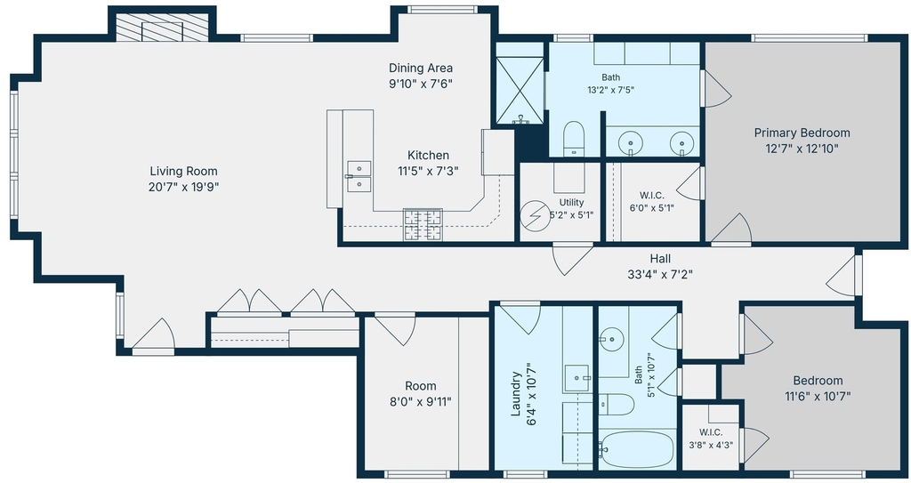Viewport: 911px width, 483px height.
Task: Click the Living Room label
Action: (x=183, y=171)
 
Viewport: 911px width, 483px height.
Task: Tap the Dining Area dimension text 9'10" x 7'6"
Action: (x=421, y=83)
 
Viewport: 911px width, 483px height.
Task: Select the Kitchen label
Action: (x=428, y=155)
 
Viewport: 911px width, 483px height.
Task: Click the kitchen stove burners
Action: (x=423, y=224)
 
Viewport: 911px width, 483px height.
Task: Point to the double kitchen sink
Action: (x=359, y=176)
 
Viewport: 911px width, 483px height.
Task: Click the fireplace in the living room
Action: (x=162, y=28)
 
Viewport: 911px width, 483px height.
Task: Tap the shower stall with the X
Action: (x=520, y=90)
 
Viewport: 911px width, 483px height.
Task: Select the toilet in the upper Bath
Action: (x=574, y=139)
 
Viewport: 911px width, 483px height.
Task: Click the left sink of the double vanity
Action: (x=630, y=141)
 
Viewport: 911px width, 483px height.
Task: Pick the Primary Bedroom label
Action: (x=802, y=133)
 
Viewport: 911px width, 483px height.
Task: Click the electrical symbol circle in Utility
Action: (x=535, y=216)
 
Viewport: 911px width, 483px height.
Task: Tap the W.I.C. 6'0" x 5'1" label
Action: (x=652, y=201)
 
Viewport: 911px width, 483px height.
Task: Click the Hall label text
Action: (x=660, y=259)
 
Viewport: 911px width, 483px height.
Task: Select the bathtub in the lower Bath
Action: (x=638, y=448)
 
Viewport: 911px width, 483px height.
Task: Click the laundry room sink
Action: (x=576, y=378)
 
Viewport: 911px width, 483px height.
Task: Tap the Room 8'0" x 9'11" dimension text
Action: (x=421, y=402)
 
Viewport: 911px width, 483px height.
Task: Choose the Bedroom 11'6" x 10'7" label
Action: (x=818, y=388)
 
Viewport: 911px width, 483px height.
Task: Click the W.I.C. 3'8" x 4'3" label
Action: (x=711, y=439)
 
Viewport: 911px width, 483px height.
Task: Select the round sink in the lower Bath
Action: (x=611, y=340)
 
